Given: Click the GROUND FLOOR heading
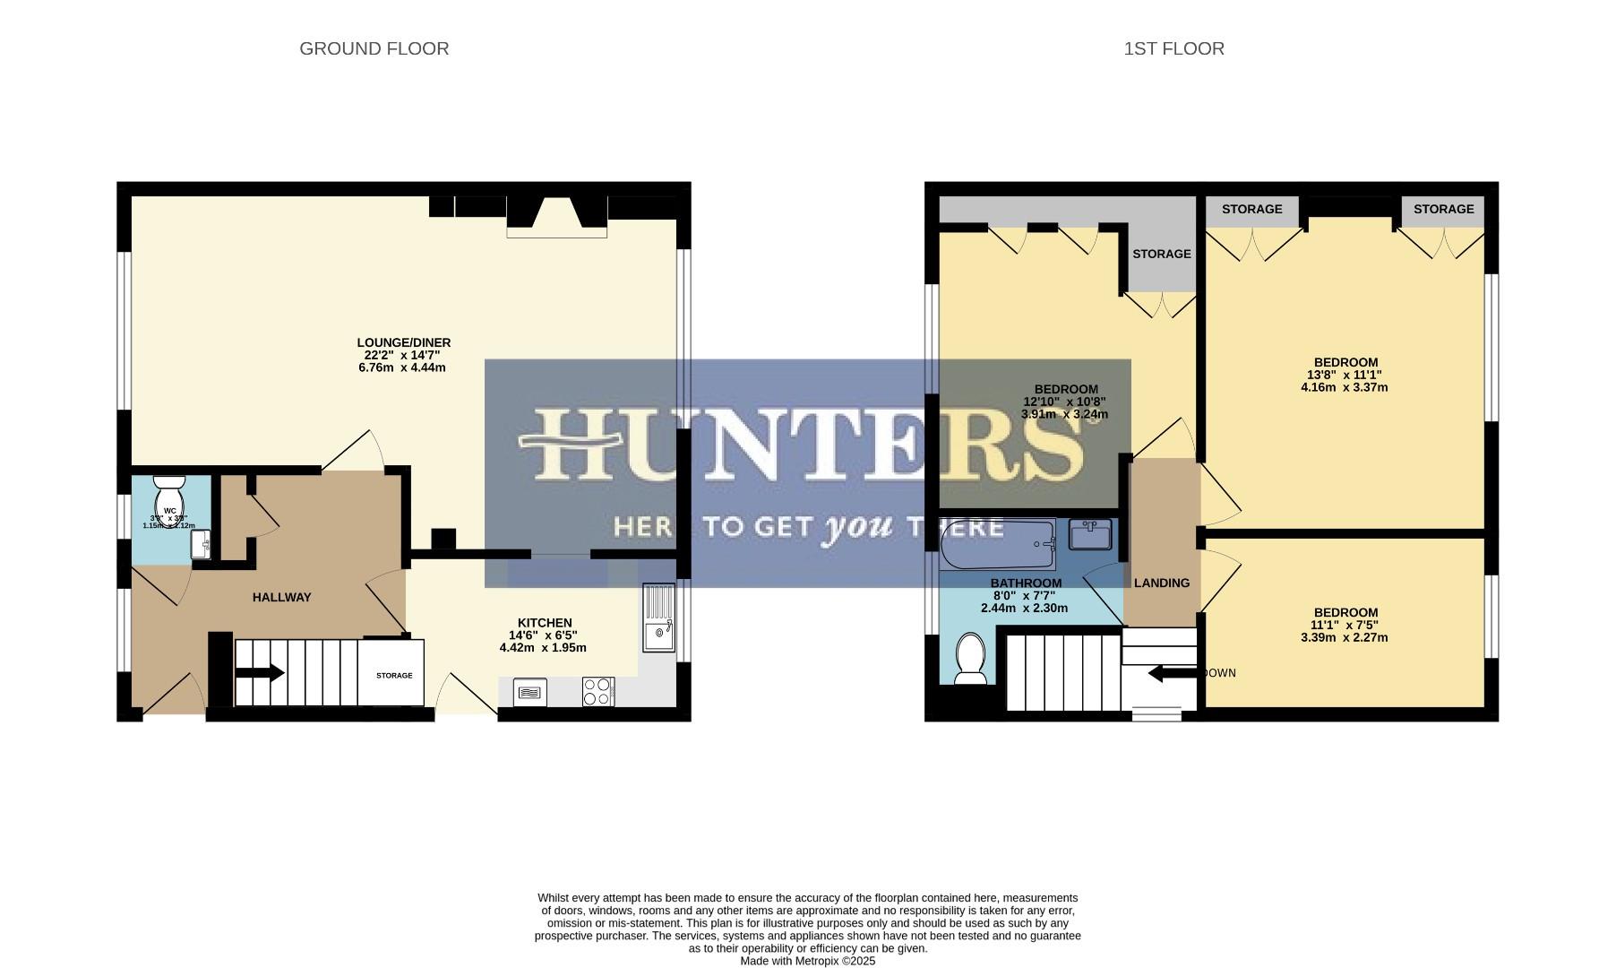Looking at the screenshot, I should (x=374, y=48).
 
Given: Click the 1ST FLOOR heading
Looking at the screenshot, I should (x=1173, y=48).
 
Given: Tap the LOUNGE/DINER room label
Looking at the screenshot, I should (x=403, y=342).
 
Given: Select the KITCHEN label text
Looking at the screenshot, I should (x=545, y=623).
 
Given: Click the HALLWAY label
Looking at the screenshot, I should (x=281, y=597).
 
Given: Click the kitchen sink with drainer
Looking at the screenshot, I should (x=658, y=618).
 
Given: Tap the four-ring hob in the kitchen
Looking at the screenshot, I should (x=597, y=691).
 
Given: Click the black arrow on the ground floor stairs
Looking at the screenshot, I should (x=261, y=673).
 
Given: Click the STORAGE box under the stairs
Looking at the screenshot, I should (x=393, y=674).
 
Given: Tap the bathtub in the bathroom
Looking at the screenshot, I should (x=998, y=544).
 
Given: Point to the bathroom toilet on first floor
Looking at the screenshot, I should (x=970, y=658).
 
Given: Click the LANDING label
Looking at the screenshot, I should (x=1162, y=583).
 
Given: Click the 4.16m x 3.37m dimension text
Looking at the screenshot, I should (x=1344, y=387).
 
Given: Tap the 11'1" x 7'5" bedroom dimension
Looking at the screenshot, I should (x=1344, y=625).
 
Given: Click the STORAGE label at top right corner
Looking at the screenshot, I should (x=1443, y=209).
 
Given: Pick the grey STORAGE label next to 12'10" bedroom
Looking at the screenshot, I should (x=1161, y=254).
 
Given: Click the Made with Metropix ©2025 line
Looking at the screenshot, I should (x=807, y=961).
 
